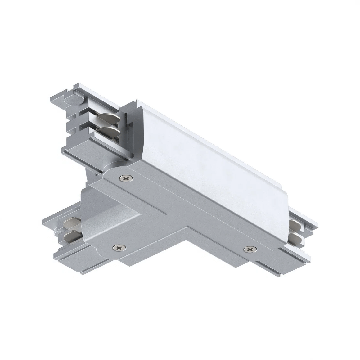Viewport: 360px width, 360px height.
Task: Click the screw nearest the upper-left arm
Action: pyautogui.click(x=126, y=178)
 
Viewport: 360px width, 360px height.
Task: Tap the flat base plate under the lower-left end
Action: pyautogui.click(x=84, y=253)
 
